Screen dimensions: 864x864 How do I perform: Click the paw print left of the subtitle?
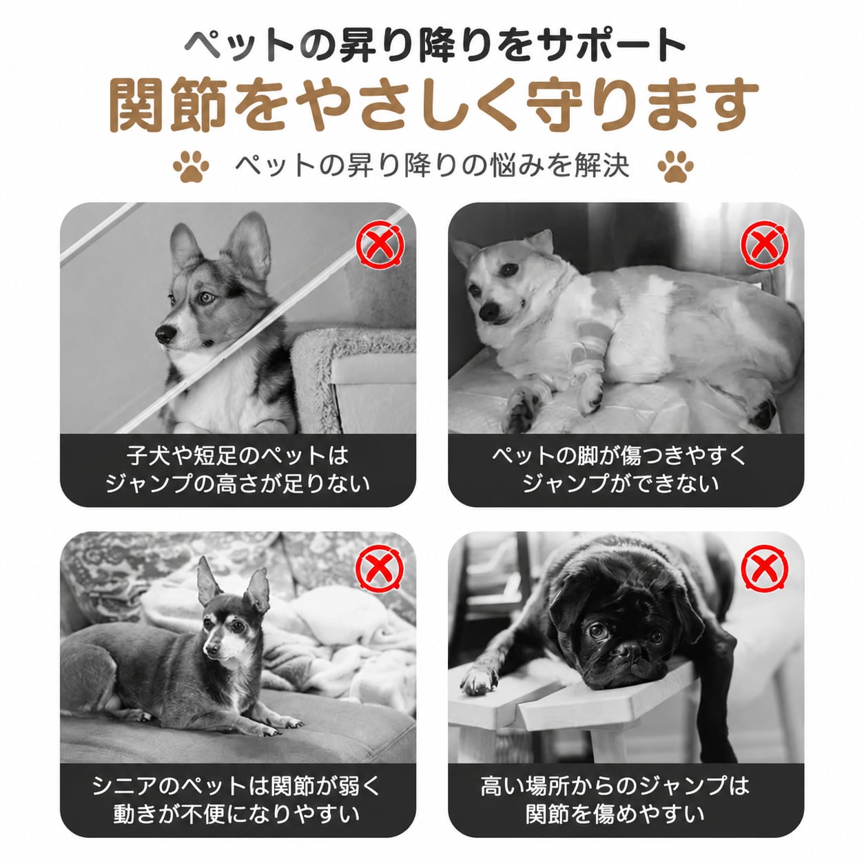[x=192, y=166]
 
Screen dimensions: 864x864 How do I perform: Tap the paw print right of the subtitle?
[x=676, y=166]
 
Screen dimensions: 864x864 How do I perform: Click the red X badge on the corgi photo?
[x=380, y=245]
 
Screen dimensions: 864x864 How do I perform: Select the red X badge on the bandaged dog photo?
[x=765, y=245]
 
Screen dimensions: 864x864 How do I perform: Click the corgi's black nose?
[x=165, y=333]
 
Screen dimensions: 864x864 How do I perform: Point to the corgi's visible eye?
[x=206, y=297]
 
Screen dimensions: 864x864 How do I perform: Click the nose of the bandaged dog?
[x=489, y=311]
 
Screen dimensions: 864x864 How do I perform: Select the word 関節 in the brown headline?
[x=168, y=105]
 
